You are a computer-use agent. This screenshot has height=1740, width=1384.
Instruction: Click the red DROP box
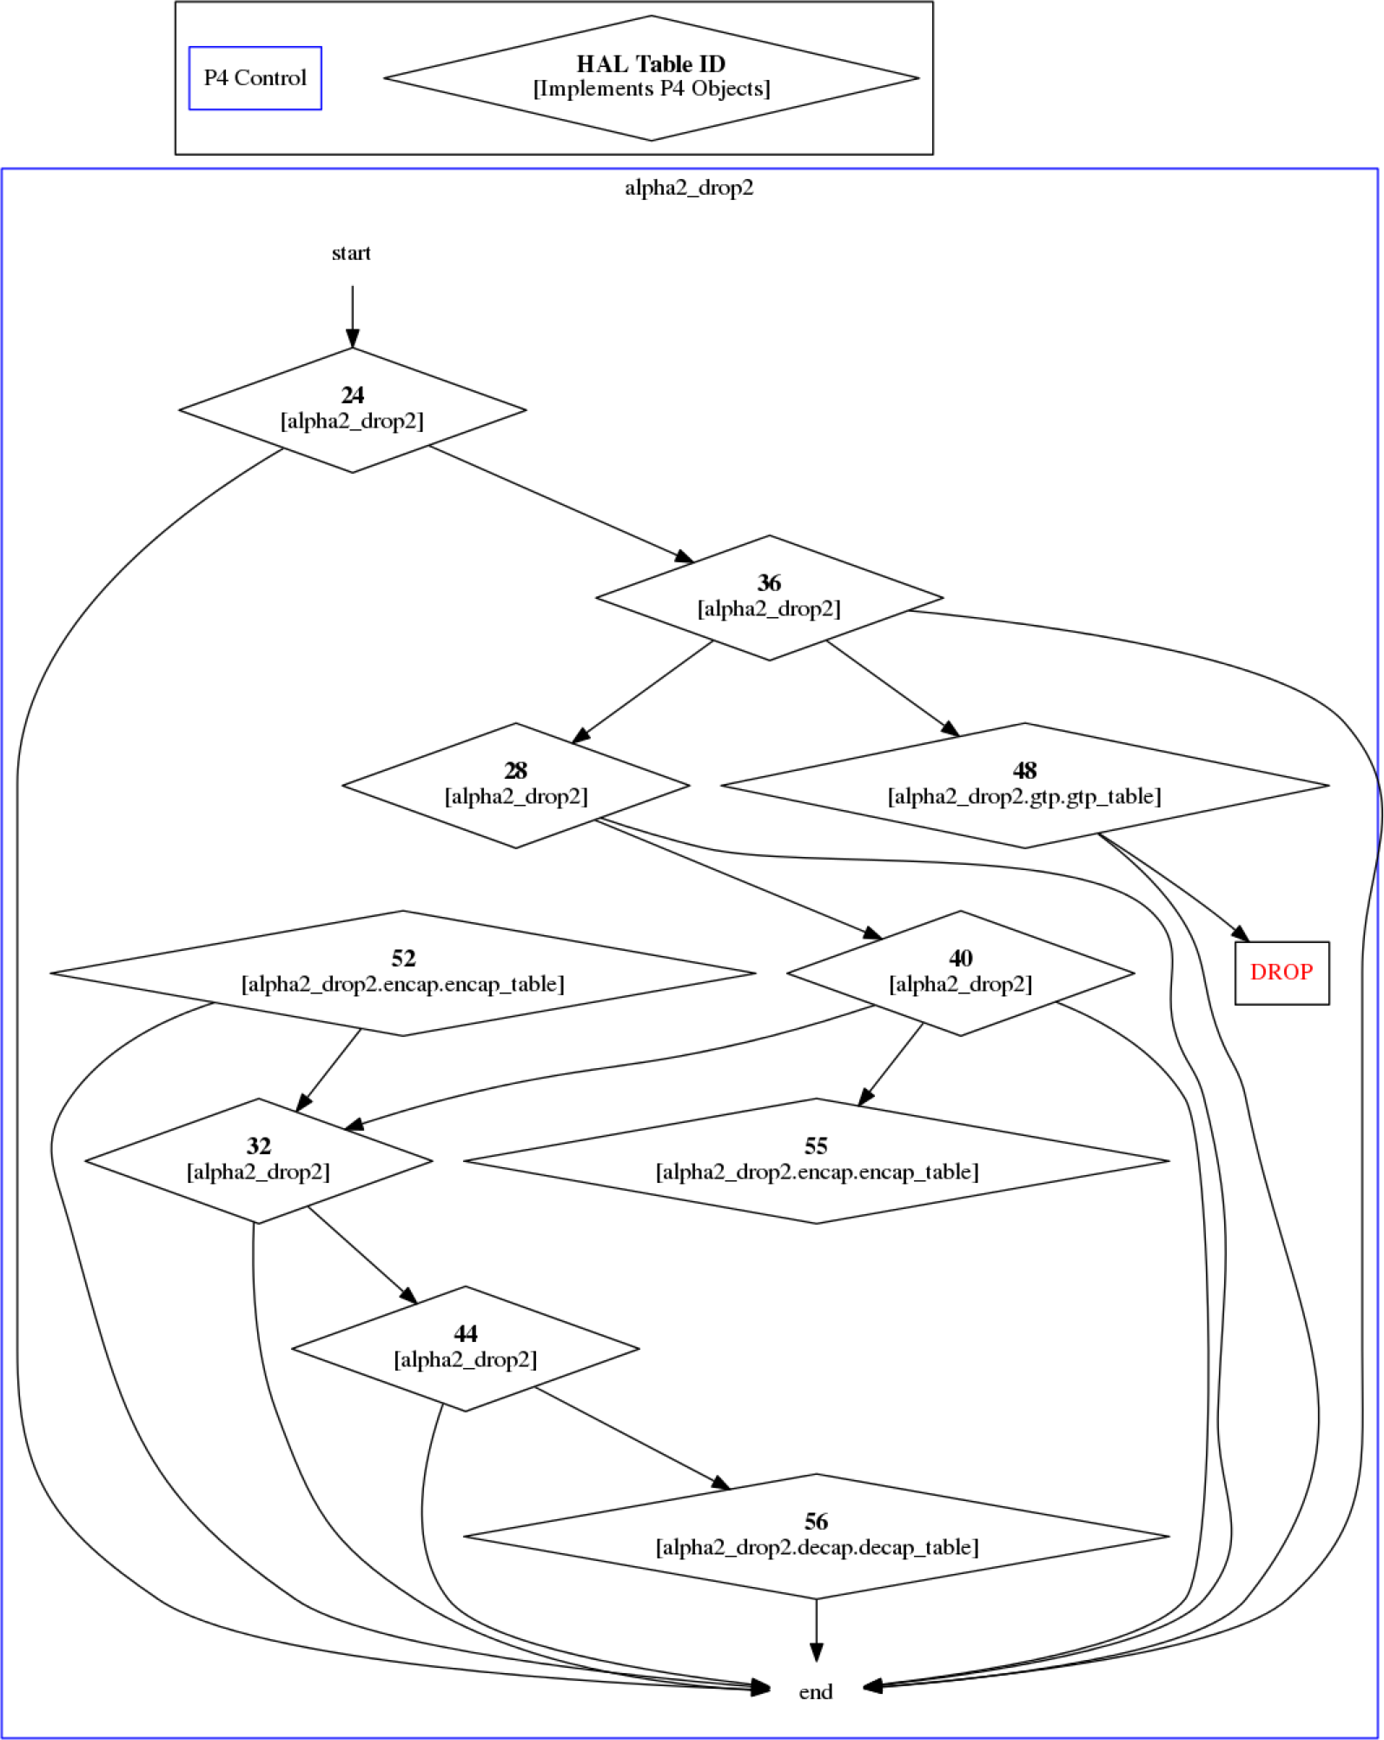coord(1281,973)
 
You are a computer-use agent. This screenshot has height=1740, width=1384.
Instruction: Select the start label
coord(351,253)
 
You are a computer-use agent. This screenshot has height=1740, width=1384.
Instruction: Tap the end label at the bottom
coord(815,1691)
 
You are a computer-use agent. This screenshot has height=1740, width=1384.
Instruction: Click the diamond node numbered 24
coord(352,410)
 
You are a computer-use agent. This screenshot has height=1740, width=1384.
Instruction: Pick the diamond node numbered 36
coord(769,598)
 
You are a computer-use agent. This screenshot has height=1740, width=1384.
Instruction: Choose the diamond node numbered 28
coord(516,786)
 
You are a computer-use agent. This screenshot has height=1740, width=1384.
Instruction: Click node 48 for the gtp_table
coord(1024,786)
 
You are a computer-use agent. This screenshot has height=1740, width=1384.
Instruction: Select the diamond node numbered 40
coord(960,973)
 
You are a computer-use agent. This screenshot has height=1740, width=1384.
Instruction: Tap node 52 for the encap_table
coord(403,973)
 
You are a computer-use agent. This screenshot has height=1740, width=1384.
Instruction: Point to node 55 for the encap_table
coord(816,1161)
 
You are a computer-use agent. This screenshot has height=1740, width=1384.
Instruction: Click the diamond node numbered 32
coord(258,1161)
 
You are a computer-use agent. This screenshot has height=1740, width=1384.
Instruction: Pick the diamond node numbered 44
coord(466,1349)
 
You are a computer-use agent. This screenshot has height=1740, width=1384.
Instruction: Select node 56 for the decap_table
coord(816,1537)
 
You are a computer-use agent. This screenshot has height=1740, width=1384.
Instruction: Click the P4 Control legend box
coord(255,78)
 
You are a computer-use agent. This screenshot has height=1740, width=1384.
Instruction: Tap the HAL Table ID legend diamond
coord(652,78)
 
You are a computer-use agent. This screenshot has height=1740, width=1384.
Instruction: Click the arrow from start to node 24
coord(352,316)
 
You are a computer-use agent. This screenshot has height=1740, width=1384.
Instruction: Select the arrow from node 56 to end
coord(816,1630)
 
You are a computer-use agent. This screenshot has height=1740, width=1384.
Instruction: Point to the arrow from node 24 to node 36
coord(561,503)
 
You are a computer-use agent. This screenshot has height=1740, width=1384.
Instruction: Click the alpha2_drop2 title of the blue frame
coord(689,188)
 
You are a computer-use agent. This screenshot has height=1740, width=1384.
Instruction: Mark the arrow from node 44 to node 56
coord(632,1438)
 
